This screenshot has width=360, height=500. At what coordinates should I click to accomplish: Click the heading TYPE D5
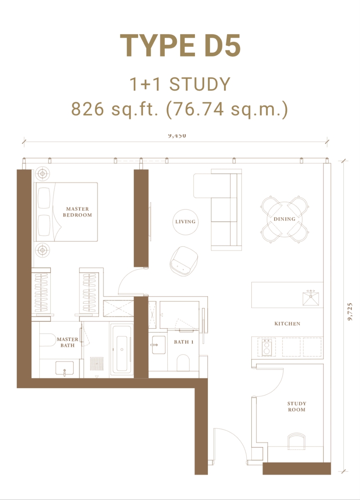180,46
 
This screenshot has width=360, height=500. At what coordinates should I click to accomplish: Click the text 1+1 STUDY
180,85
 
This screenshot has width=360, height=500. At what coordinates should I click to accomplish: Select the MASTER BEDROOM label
77,212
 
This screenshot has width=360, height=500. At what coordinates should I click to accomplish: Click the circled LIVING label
185,222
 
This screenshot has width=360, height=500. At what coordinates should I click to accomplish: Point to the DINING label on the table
285,219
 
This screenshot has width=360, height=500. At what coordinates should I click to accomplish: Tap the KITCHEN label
287,324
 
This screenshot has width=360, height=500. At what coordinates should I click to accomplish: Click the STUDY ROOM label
296,407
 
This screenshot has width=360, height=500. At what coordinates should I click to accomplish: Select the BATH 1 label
184,342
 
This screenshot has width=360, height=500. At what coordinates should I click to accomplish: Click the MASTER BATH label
67,342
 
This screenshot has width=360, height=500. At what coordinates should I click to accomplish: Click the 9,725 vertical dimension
350,312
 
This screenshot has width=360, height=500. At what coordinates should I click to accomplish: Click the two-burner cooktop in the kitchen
266,347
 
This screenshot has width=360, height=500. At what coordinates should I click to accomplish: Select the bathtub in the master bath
122,348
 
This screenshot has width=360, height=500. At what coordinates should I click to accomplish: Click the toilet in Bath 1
184,362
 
